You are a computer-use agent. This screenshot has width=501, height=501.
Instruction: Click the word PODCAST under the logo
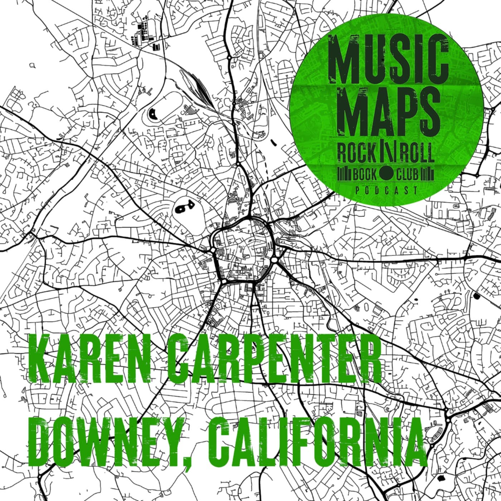386,190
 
